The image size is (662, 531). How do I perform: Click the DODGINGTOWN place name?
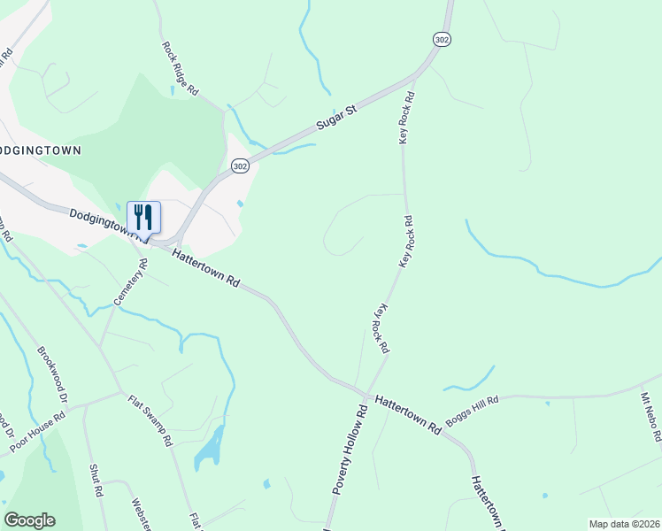coord(40,150)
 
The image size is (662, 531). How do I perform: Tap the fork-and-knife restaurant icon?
coord(143,218)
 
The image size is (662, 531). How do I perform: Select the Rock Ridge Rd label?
coord(181,68)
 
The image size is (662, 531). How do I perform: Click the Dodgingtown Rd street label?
coord(106,222)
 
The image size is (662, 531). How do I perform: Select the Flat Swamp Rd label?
coord(150,421)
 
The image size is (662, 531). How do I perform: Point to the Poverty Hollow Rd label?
coord(350,461)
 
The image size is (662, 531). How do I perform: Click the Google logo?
coord(29,520)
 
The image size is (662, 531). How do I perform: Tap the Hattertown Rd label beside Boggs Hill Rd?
coord(408,413)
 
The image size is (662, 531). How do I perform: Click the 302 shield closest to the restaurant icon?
coord(239,166)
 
